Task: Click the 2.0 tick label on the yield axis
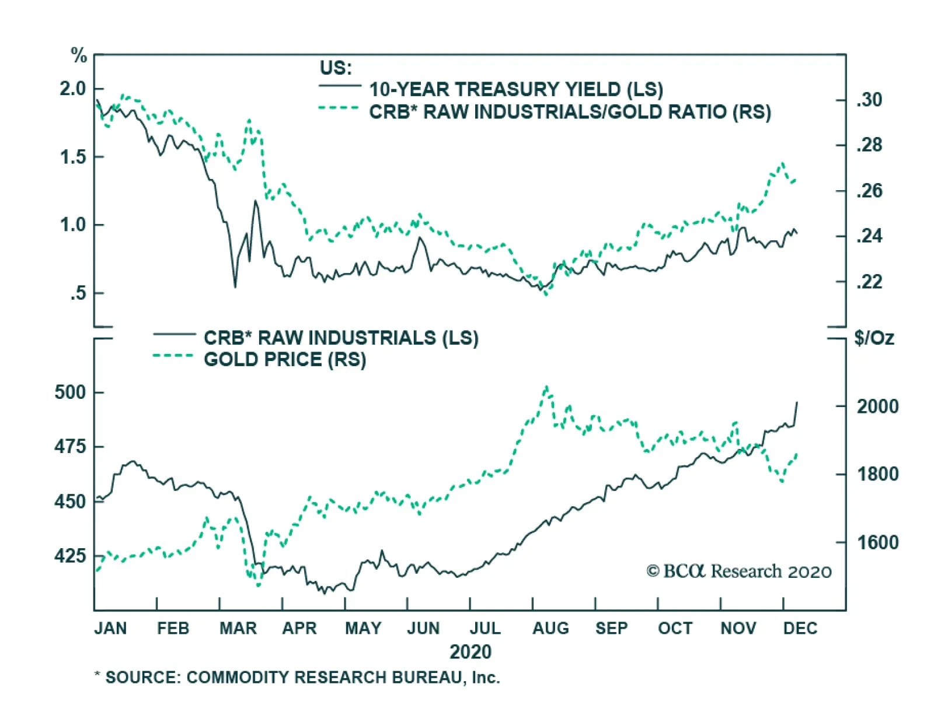pos(72,89)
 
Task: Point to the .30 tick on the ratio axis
pos(869,100)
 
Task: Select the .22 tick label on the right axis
pos(869,282)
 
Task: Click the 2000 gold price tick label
pos(877,406)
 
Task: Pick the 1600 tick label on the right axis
pos(877,543)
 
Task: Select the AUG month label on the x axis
pos(550,629)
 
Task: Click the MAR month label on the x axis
pos(238,629)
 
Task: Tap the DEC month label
pos(800,629)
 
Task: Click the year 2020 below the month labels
pos(470,652)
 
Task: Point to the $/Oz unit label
pos(873,338)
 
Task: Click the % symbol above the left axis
pos(79,56)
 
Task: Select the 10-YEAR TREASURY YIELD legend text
pos(515,90)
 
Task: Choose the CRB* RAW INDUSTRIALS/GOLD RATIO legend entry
pos(569,112)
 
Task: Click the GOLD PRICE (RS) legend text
pos(284,360)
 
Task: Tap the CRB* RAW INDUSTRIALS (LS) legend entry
pos(340,338)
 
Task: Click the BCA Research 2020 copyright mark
pos(738,571)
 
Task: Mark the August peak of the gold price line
pos(546,387)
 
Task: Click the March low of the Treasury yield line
pos(235,287)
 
